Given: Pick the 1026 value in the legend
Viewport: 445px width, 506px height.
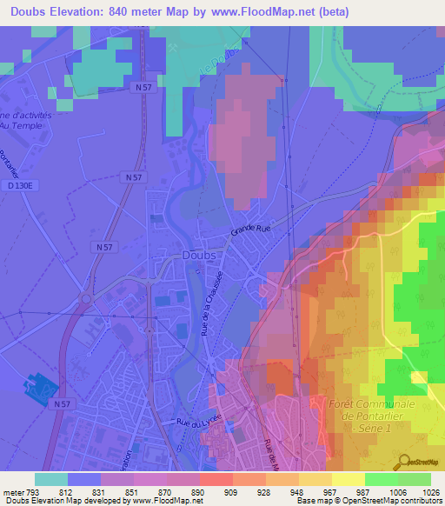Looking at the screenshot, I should (x=430, y=491).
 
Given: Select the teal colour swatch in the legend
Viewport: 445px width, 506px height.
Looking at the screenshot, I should (x=50, y=479).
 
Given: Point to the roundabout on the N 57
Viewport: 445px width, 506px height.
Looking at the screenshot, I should (x=86, y=300).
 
